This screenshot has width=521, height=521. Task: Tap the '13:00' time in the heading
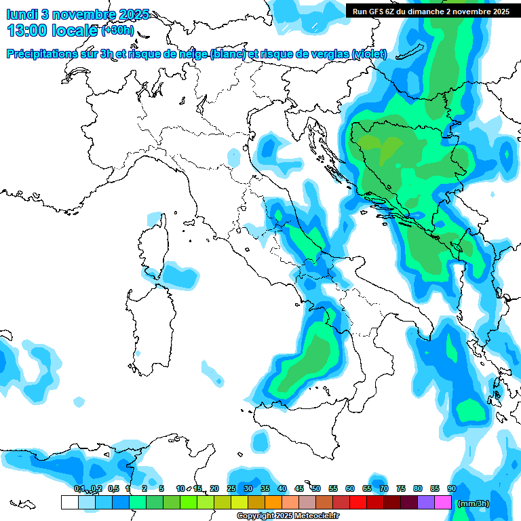pos(27,31)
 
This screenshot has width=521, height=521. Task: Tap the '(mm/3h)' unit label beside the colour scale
pos(474,503)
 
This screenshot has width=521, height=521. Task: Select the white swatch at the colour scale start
pos(69,502)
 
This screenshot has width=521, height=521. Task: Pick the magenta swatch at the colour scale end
pos(443,502)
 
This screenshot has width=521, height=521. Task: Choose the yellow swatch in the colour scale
pos(239,502)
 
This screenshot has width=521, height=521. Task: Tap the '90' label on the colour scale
pos(452,488)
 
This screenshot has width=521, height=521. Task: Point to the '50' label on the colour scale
pos(316,488)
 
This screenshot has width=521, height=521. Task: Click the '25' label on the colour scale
pos(231,488)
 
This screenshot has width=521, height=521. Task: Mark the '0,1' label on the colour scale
pos(79,488)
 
